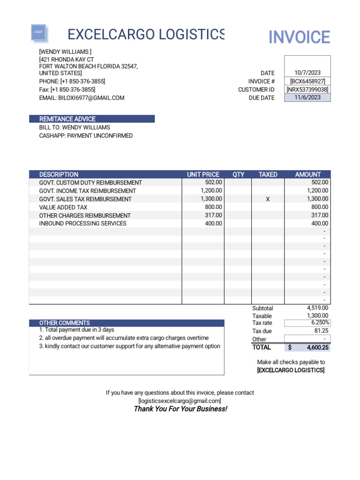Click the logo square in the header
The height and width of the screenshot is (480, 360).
click(x=38, y=32)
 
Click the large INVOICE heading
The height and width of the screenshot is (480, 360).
click(x=299, y=37)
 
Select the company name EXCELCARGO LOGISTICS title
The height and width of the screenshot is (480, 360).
click(x=146, y=34)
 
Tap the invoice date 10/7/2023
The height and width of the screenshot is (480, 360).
click(x=307, y=73)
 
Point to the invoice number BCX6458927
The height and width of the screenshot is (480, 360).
click(x=307, y=81)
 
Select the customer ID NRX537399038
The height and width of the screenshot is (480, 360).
click(x=307, y=90)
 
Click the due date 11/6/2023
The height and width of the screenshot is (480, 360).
click(x=307, y=97)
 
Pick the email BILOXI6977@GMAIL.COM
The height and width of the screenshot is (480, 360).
click(x=82, y=98)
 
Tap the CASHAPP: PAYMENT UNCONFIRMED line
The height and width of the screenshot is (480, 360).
click(x=86, y=136)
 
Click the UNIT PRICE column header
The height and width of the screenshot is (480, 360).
click(x=203, y=174)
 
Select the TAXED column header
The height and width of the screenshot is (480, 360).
click(x=268, y=174)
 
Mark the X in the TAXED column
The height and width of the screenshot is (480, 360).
click(x=268, y=199)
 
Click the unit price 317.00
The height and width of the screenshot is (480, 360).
click(x=213, y=216)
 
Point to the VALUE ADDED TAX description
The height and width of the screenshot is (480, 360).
click(x=63, y=207)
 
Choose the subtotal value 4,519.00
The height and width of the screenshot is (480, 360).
click(x=317, y=308)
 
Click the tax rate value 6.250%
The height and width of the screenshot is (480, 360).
click(x=321, y=323)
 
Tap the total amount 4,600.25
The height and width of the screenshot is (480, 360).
click(x=318, y=348)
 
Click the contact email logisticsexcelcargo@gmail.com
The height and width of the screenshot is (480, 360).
click(x=180, y=401)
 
